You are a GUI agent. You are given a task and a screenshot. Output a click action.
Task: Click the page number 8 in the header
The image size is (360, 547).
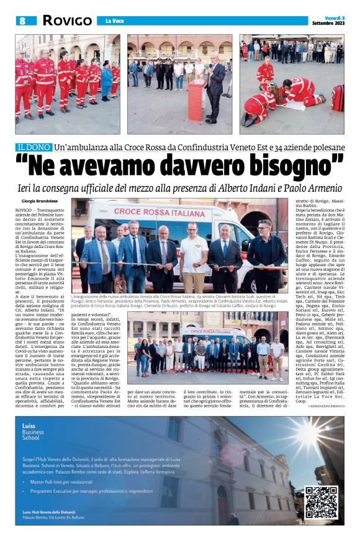coord(22,20)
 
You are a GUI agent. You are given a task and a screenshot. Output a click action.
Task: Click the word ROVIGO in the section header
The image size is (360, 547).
coord(67,20)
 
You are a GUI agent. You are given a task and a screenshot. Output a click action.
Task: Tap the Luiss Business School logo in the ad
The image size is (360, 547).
coord(30,434)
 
